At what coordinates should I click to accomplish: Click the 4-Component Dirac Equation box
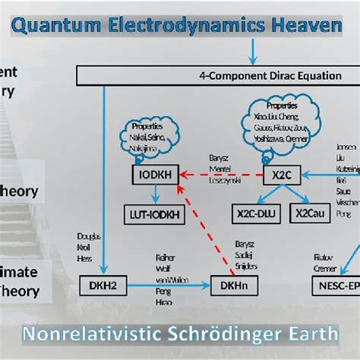point(216,75)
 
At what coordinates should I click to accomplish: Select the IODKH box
point(153,175)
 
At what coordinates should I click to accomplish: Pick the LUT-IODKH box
point(153,214)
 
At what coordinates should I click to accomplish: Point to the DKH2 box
point(100,286)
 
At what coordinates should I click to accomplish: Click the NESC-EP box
point(334,286)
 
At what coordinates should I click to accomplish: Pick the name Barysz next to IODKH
point(220,158)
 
